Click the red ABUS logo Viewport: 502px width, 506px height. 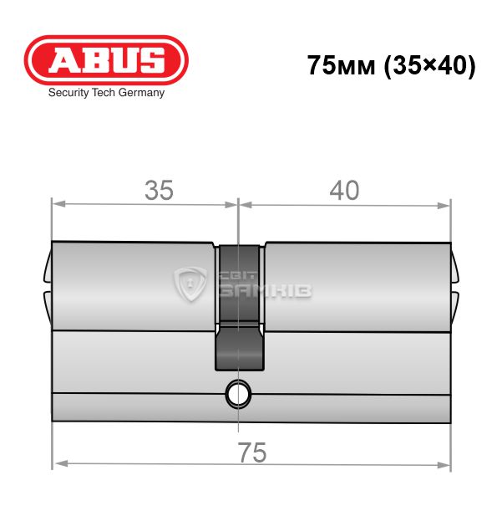coord(106,60)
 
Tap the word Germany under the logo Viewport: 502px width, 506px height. coord(141,93)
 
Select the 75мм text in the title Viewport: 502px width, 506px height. coord(342,65)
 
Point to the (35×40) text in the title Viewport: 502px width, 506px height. coord(429,66)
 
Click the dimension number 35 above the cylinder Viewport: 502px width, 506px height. coord(159,191)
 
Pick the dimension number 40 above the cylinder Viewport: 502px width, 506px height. coord(344,191)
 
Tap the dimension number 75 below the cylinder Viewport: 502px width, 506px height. coord(252,452)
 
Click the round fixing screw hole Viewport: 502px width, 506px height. coord(238,393)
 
